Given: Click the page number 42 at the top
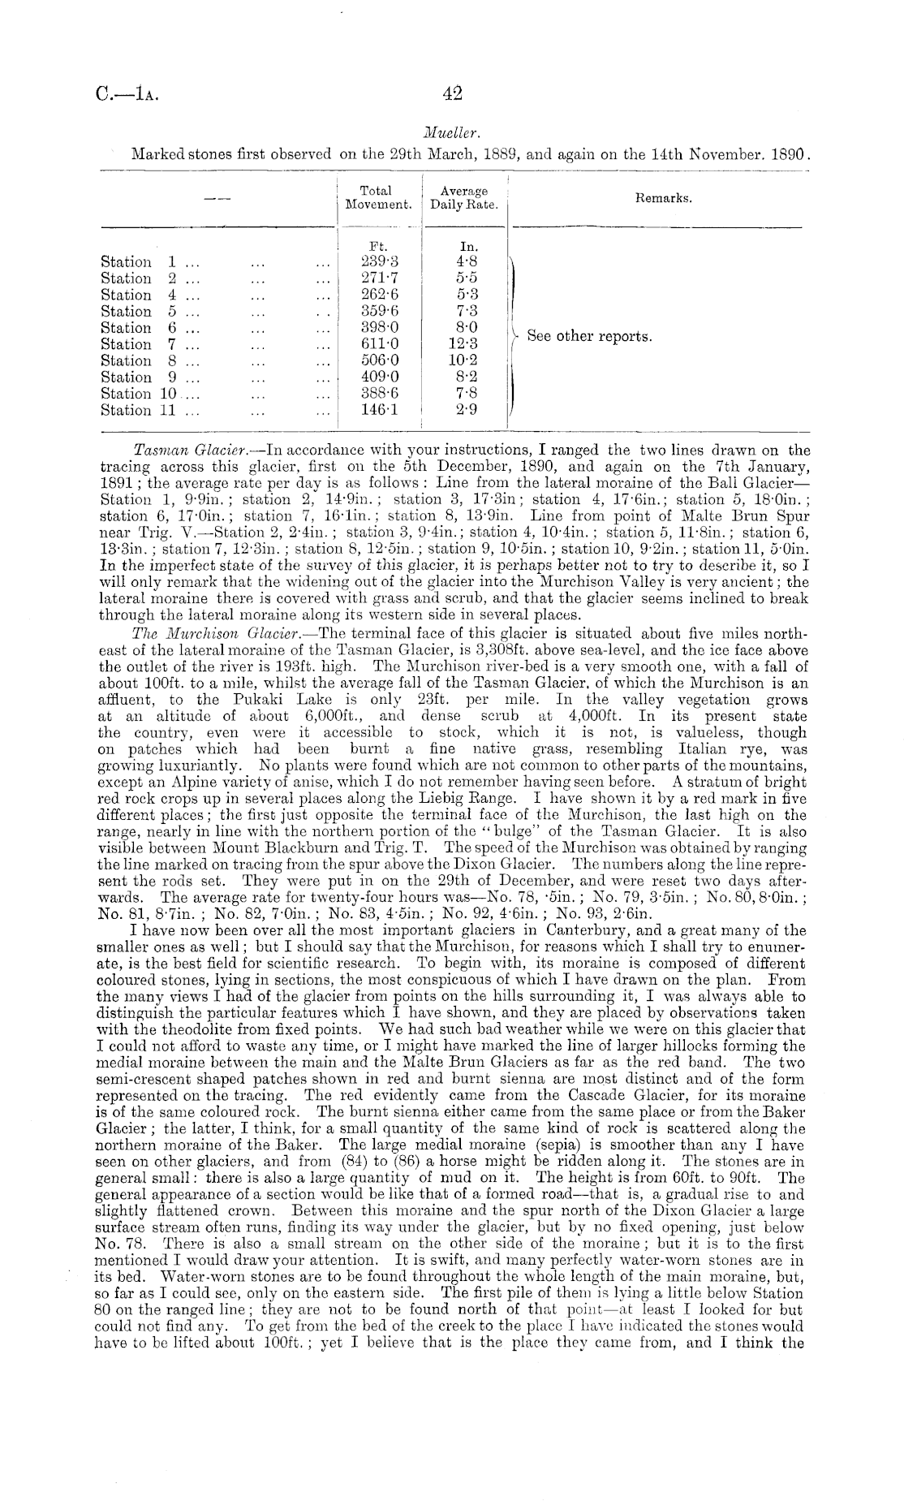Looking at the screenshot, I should pos(452,94).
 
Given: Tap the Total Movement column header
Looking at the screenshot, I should pos(376,198).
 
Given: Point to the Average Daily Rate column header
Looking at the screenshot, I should pos(463,198).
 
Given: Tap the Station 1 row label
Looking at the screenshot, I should pos(139,262).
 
